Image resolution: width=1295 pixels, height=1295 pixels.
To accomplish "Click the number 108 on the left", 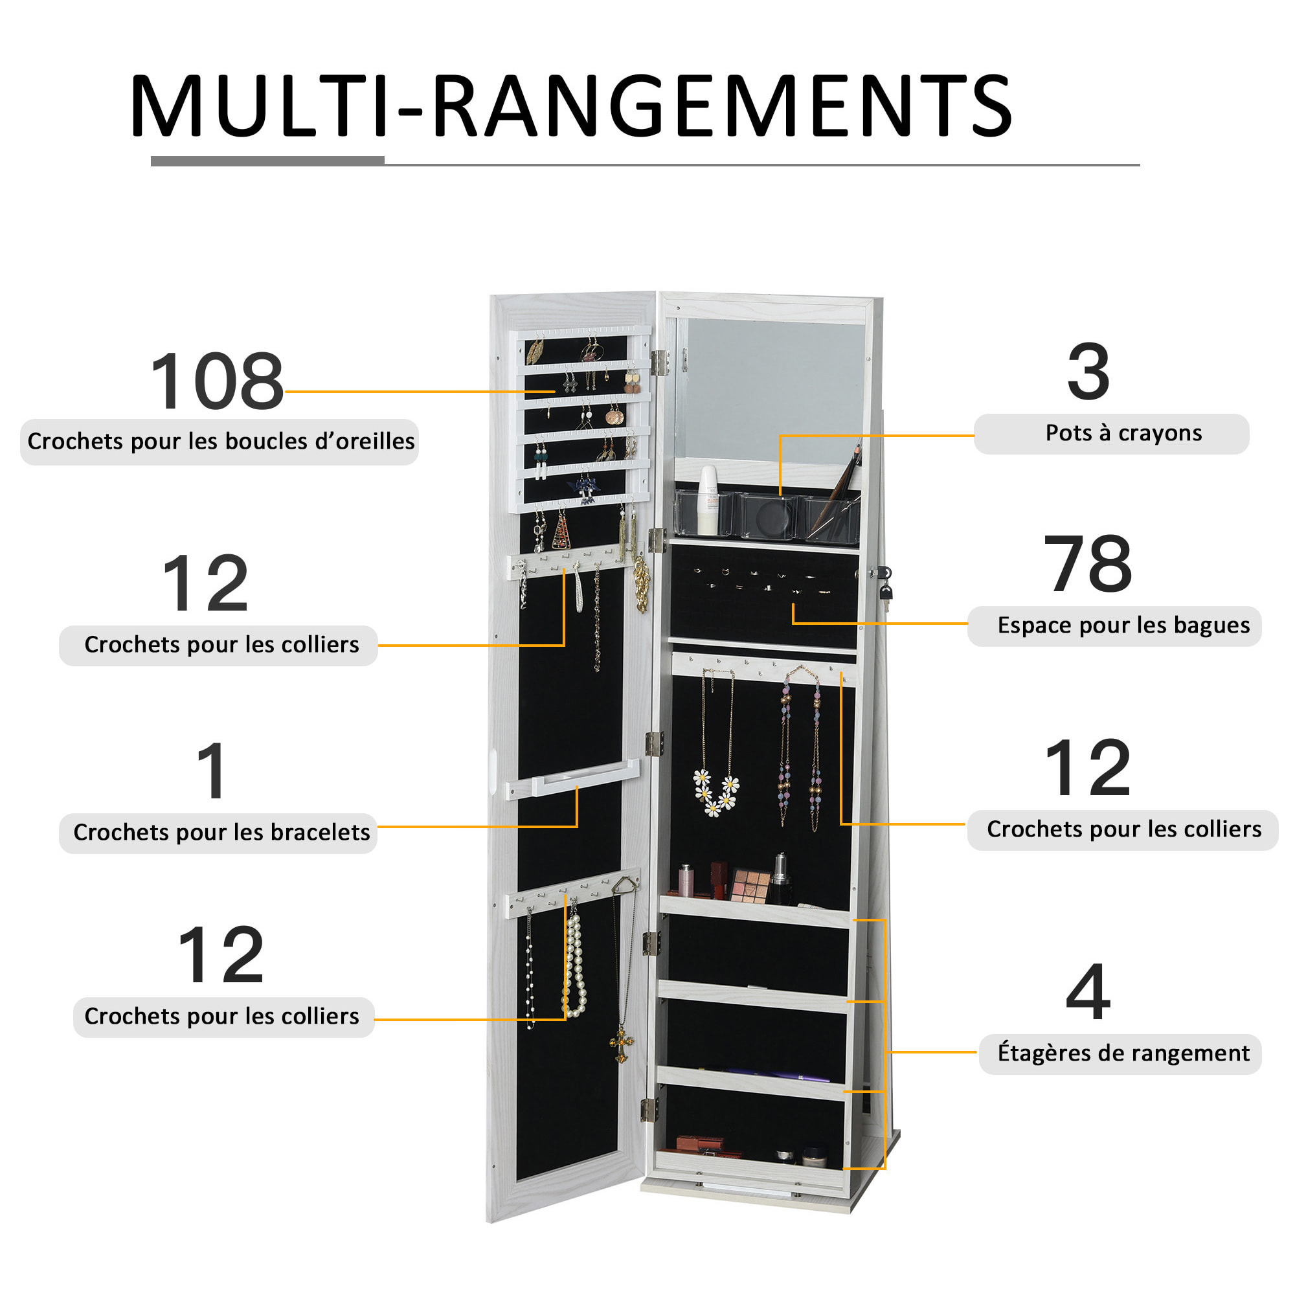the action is pos(217,381).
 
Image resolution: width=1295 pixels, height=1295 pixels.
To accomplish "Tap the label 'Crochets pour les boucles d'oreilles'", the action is pos(221,441).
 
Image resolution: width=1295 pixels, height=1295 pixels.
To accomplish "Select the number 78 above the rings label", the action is pos(1087,564).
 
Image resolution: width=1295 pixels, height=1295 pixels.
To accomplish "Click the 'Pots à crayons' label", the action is pos(1123,433).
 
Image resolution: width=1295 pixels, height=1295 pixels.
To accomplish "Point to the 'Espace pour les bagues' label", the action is pos(1123,625).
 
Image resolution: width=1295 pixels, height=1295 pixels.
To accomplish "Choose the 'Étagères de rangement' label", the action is pos(1123,1053).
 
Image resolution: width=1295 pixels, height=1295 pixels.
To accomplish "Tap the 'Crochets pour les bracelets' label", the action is pos(221,832).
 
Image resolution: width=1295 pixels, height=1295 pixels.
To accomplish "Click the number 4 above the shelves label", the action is pos(1087,991).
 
